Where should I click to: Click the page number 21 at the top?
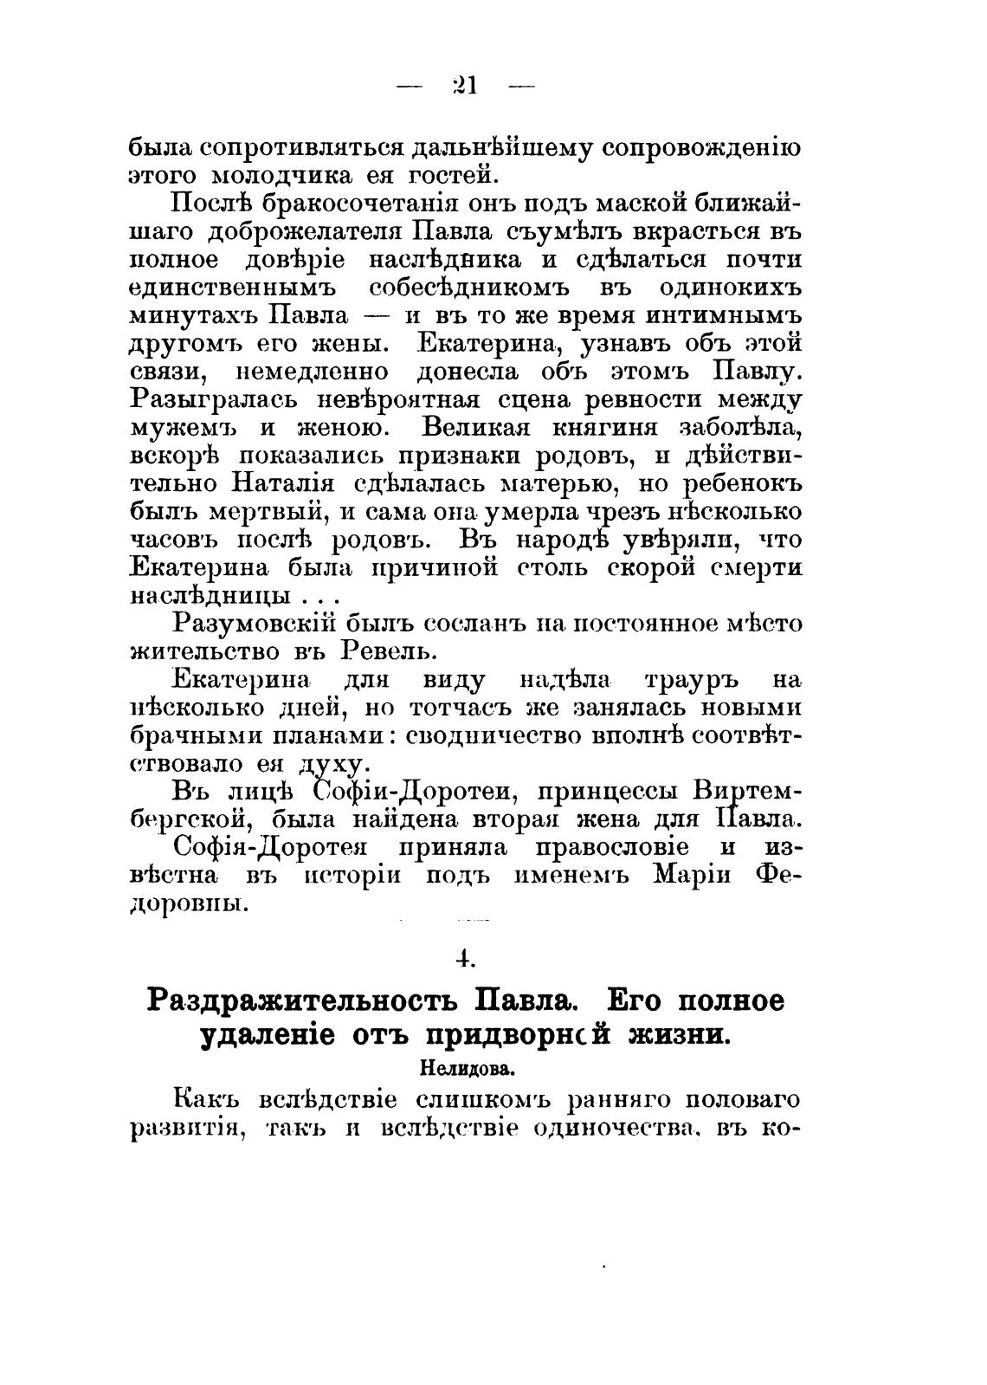pos(466,86)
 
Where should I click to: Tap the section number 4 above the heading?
pos(466,958)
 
